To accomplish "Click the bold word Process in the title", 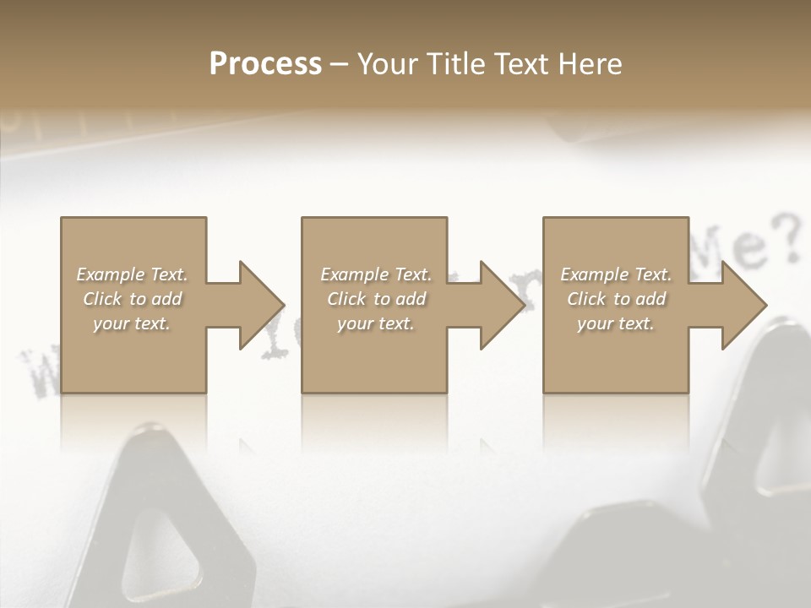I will click(x=265, y=64).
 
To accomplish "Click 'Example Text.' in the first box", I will click(x=132, y=274).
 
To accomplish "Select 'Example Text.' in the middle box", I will click(x=376, y=274).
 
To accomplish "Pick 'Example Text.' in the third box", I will click(x=616, y=274).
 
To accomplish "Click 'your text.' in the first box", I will click(x=132, y=323).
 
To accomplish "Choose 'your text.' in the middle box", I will click(x=376, y=323).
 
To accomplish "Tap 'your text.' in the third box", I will click(x=616, y=323).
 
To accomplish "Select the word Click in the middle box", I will click(x=346, y=299).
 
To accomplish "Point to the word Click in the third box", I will click(x=586, y=299).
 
